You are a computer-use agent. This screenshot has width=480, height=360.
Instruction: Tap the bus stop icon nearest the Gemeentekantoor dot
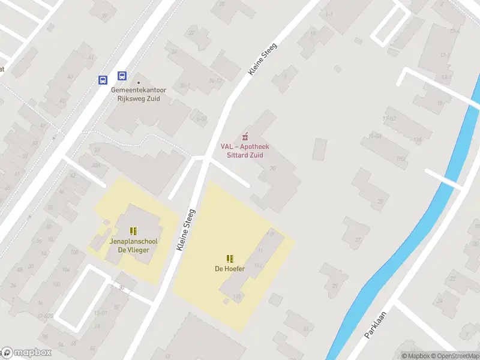pyautogui.click(x=122, y=76)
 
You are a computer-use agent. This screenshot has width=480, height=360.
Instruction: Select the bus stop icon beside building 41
pyautogui.click(x=103, y=80)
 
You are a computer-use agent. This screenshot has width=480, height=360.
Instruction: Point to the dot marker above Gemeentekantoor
pyautogui.click(x=139, y=83)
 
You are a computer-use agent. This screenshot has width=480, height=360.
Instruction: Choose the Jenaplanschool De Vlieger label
pyautogui.click(x=133, y=245)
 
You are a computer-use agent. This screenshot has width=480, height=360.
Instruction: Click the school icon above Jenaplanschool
pyautogui.click(x=133, y=231)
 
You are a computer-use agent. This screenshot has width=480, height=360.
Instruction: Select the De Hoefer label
pyautogui.click(x=230, y=269)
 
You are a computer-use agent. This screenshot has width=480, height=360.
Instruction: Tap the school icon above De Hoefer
pyautogui.click(x=230, y=259)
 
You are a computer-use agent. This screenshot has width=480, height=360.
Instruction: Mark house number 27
pyautogui.click(x=358, y=239)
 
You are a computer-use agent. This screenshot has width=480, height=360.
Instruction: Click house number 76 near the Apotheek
pyautogui.click(x=272, y=169)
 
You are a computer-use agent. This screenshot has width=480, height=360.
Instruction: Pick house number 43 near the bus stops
pyautogui.click(x=70, y=76)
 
